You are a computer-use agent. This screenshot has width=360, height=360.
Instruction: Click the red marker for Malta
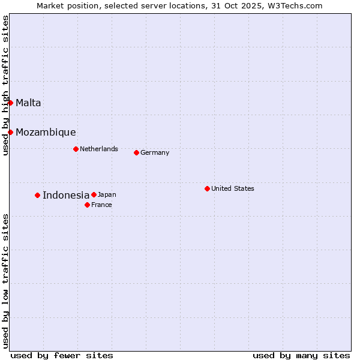pos(10,103)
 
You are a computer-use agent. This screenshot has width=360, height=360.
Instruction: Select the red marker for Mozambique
pos(10,132)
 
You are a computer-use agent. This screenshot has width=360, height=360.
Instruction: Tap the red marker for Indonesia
pos(37,195)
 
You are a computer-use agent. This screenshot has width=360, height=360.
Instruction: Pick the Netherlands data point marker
pos(76,149)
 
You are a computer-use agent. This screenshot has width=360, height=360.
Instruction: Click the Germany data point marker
pos(136,152)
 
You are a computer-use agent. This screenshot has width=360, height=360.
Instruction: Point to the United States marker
pos(207,188)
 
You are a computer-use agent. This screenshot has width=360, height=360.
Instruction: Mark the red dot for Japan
pos(94,194)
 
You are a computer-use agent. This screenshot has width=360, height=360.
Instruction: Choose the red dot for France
pos(87,205)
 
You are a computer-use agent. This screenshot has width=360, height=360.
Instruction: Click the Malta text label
pos(28,103)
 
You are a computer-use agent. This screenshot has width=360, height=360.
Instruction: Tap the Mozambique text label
pos(46,133)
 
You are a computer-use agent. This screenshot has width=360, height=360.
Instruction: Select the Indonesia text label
pos(66,195)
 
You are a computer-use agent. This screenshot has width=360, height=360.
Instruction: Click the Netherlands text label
pos(99,149)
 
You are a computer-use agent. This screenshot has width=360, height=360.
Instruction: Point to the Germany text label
pos(155,152)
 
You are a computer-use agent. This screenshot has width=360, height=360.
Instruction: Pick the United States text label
pos(233,188)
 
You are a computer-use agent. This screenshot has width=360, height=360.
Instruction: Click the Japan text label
pos(107,194)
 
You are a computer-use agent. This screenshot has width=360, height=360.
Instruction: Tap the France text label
pos(101,205)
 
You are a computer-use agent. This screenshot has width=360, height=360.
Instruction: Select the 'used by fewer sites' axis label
pos(62,355)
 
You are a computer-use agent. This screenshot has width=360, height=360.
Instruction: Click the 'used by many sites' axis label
pos(301,355)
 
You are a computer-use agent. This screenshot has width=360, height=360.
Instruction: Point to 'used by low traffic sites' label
pos(5,281)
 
